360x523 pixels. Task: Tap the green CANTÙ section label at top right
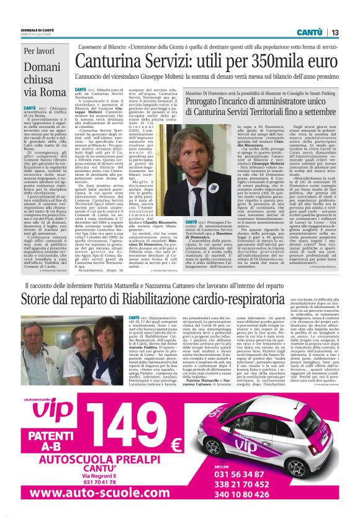[x=308, y=32]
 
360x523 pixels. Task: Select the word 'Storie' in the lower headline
[x=42, y=299]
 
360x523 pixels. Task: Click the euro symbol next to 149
[x=175, y=445]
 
